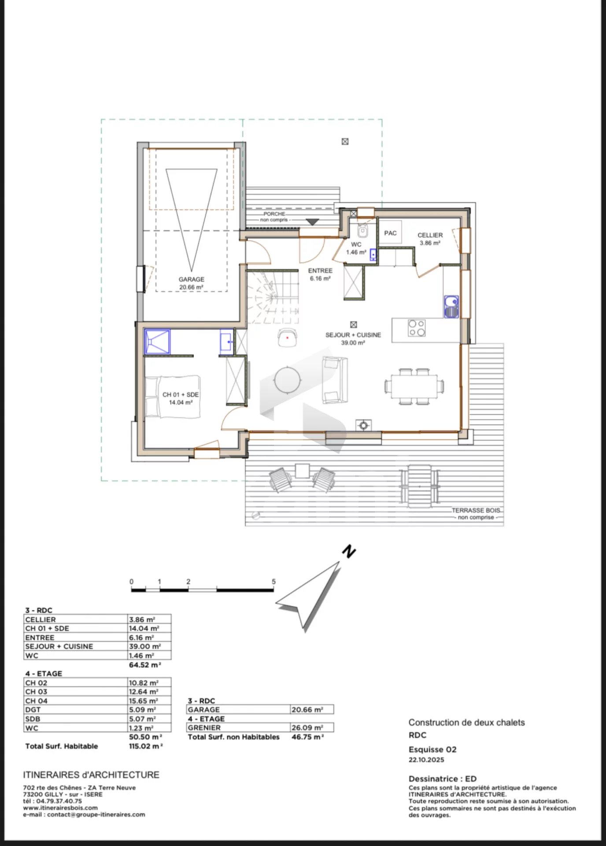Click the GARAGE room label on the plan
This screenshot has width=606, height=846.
(x=192, y=279)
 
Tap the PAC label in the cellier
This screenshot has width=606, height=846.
(x=390, y=233)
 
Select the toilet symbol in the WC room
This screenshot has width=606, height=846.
(x=362, y=230)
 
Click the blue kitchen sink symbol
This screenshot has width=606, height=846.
(x=451, y=306)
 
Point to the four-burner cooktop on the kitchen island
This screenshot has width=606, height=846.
(x=417, y=328)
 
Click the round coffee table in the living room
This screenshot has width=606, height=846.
(x=288, y=379)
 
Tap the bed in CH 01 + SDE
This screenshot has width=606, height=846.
(x=173, y=397)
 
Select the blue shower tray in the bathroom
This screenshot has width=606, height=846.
(x=157, y=341)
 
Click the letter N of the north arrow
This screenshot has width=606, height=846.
(x=349, y=552)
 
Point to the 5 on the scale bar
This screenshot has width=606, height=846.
(x=273, y=582)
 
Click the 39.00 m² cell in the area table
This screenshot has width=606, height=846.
(x=145, y=646)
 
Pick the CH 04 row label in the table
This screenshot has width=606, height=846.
(x=36, y=701)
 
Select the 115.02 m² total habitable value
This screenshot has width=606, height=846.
(x=146, y=746)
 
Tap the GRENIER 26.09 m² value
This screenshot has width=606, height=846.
(x=307, y=727)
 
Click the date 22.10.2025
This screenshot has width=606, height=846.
(x=426, y=760)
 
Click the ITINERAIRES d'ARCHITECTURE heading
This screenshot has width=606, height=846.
(x=91, y=775)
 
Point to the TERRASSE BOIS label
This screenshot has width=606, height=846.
(x=476, y=510)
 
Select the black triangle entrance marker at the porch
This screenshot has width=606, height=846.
(x=312, y=222)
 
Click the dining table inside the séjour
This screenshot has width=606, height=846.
(x=414, y=386)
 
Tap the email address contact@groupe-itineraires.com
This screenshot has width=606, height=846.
(x=96, y=814)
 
